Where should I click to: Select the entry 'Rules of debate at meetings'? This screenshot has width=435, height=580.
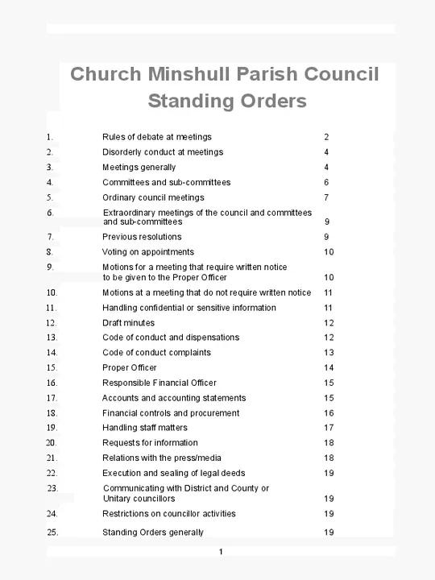pos(156,137)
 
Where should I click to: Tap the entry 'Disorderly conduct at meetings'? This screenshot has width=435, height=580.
pos(162,152)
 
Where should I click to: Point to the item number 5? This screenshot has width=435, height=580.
pos(50,197)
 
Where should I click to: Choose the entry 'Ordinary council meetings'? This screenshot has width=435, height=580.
pos(153,197)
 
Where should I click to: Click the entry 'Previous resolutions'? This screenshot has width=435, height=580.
pos(142,237)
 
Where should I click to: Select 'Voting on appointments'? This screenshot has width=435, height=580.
pos(147,252)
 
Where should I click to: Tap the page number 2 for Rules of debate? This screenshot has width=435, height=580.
pos(326,137)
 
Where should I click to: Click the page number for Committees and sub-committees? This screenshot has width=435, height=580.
pos(326,183)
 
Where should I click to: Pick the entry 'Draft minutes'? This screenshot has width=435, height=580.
pos(128,323)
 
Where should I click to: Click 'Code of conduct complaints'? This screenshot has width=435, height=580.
pos(156,353)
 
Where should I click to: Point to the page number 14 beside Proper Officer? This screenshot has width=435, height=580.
pos(329,368)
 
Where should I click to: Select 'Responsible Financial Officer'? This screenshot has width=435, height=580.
pos(159,383)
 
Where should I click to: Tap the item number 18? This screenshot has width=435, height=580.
pos(52,413)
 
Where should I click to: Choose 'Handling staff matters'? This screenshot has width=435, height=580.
pos(144,428)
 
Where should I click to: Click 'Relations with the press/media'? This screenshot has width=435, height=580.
pos(161,458)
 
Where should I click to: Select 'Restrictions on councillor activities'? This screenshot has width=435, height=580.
pos(168,514)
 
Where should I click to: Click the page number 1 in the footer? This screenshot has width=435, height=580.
pos(220,552)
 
